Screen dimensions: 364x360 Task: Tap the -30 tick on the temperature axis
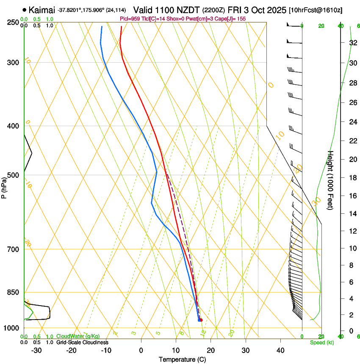tap(36, 350)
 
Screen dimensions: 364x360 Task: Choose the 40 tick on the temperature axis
tap(280, 350)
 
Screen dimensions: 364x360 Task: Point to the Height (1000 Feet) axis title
tap(331, 180)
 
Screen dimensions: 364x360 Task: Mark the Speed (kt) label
tap(321, 342)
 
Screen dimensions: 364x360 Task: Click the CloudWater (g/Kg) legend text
tap(78, 336)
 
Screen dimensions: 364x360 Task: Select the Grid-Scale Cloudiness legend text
tap(82, 342)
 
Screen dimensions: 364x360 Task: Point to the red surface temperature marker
tap(201, 320)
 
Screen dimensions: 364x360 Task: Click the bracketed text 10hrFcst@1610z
tap(316, 9)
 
